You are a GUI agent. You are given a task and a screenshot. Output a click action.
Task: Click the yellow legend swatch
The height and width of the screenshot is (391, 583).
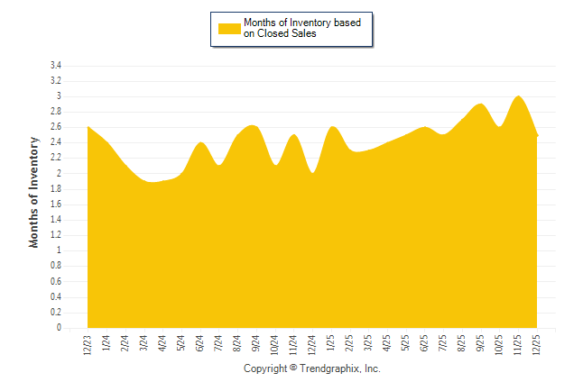229,28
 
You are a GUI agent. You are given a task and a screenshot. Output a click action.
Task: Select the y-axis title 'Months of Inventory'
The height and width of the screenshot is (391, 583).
34,192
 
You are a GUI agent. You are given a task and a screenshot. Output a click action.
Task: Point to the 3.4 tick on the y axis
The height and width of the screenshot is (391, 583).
56,66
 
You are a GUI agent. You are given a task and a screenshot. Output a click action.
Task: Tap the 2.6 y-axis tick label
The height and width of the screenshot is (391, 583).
56,127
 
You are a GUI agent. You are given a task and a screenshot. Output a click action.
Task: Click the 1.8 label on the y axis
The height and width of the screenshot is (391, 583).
56,189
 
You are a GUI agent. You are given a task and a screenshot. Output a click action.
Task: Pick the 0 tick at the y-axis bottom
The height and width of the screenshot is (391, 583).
59,328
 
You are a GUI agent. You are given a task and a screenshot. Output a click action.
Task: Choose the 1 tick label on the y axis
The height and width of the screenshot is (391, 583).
59,250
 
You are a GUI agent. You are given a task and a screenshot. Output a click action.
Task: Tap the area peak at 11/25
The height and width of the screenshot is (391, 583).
518,96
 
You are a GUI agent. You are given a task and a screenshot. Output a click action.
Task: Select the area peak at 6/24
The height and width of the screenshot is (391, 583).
200,143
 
